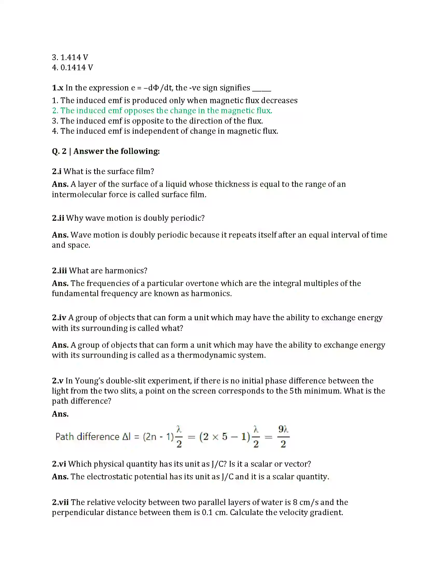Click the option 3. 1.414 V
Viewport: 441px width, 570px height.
point(70,57)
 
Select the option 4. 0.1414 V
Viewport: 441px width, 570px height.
point(72,67)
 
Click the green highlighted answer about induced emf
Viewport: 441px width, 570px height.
point(162,110)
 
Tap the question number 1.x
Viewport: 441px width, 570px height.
point(58,88)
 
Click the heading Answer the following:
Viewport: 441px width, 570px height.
point(116,151)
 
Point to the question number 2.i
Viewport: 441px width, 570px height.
point(57,171)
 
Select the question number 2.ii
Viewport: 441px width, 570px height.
point(58,218)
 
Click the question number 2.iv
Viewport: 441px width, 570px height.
point(59,317)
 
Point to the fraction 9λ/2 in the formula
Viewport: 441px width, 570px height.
point(283,436)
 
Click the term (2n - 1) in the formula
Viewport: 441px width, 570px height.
point(158,437)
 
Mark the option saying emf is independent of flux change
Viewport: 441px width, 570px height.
point(165,131)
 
